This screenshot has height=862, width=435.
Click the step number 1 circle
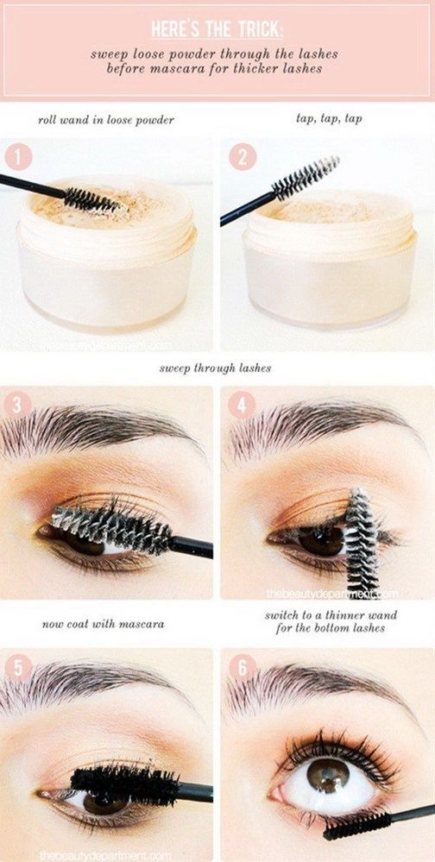[x=20, y=158]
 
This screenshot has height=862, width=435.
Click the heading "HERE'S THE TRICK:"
[x=217, y=29]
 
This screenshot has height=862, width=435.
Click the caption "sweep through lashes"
[x=216, y=368]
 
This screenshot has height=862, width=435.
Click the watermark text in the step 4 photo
[x=331, y=594]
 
